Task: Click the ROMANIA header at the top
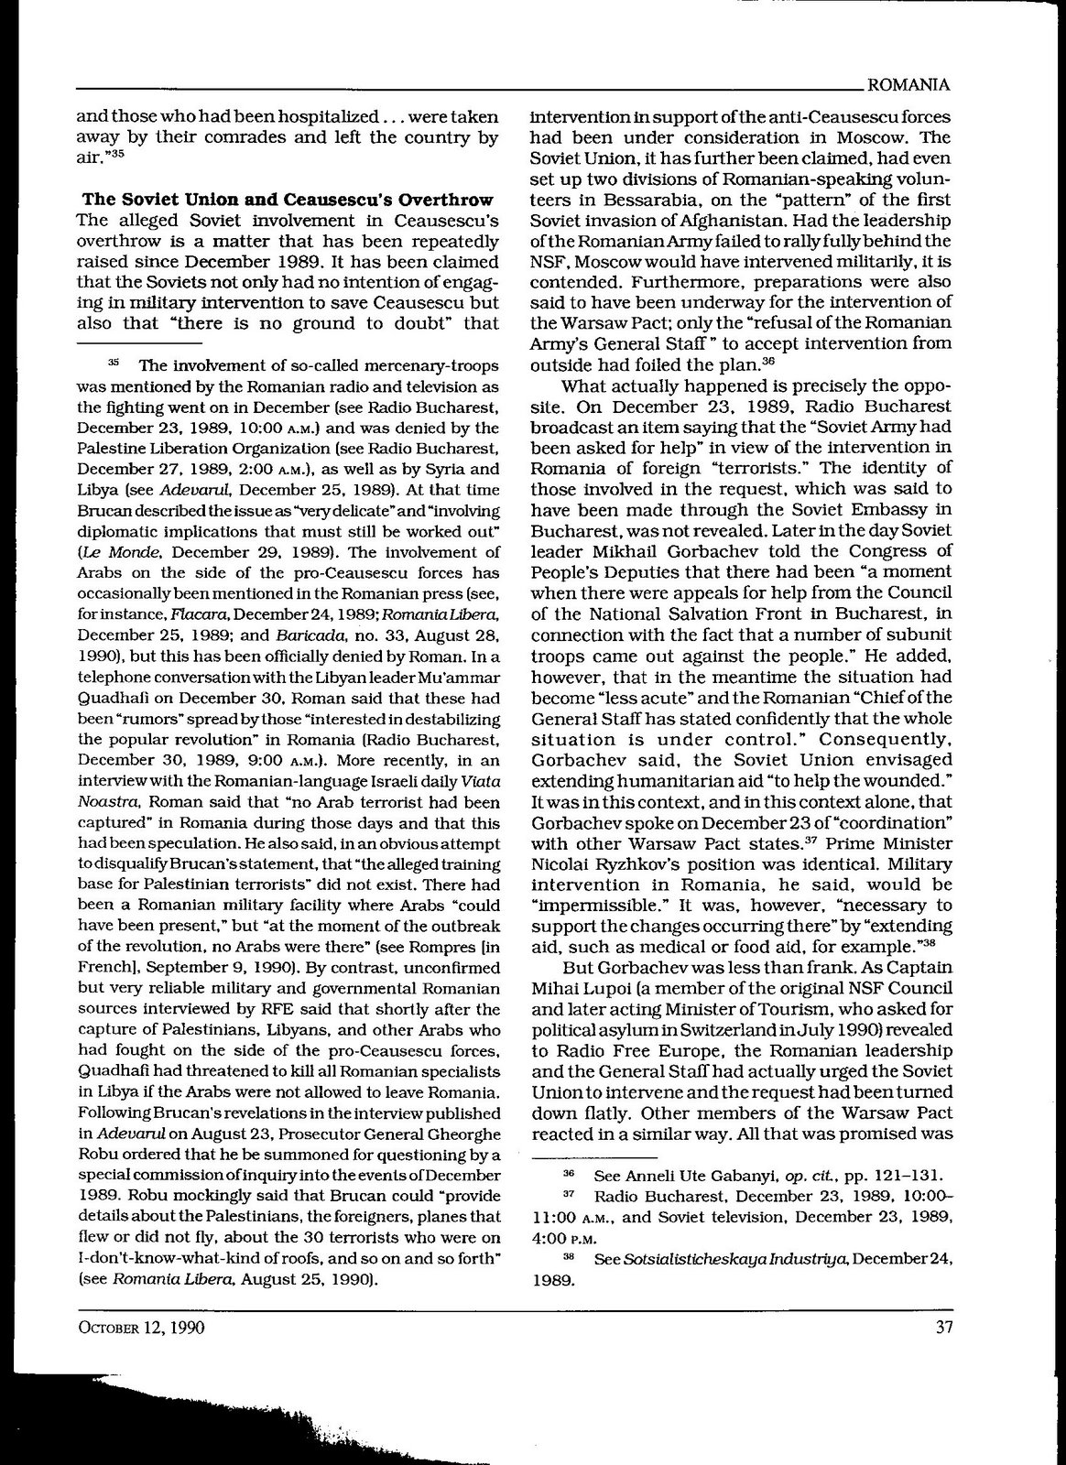(907, 85)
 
